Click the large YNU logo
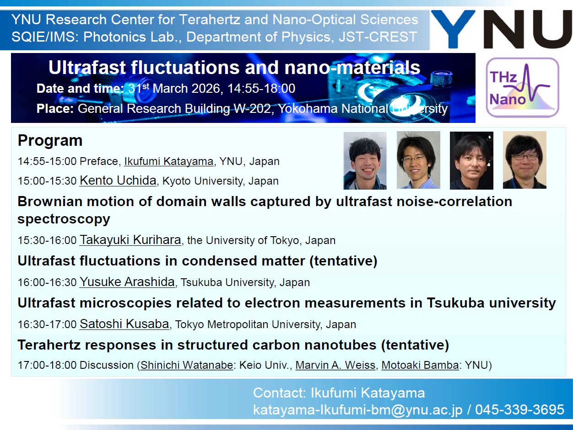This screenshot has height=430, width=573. coord(501,29)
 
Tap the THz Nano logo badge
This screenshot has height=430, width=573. coord(522,87)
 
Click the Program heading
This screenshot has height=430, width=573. coord(50,140)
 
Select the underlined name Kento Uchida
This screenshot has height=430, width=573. coord(118,180)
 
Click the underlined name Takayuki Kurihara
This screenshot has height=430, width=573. coord(130,240)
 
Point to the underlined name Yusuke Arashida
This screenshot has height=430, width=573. coord(127,281)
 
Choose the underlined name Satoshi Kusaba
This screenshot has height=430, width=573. coord(124,324)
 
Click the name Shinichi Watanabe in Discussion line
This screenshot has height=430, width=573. coord(187,365)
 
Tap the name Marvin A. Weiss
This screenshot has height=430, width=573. coord(335,365)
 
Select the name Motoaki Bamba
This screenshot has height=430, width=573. coord(420,365)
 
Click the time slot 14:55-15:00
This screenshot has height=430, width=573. coord(47,161)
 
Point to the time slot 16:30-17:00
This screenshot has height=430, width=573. coord(47,325)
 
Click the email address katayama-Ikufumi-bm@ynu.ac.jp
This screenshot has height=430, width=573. coord(357,410)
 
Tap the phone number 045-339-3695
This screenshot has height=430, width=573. coord(519,409)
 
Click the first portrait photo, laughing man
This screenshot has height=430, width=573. coord(365,160)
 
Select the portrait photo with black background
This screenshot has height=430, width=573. coord(471,160)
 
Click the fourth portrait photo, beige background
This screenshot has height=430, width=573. coord(524,160)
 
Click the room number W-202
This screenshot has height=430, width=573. coord(252,109)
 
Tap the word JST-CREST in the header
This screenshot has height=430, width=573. coord(378,37)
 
